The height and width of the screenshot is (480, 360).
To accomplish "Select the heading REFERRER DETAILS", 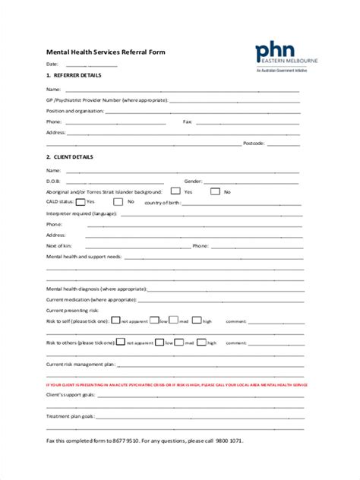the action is click(77, 75).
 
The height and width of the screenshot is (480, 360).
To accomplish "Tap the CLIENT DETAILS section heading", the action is click(72, 157).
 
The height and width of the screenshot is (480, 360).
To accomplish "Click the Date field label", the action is click(52, 64).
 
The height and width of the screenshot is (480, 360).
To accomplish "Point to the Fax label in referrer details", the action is click(188, 122).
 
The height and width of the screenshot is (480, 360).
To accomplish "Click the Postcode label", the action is click(254, 143).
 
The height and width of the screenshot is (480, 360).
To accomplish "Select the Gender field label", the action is click(193, 182).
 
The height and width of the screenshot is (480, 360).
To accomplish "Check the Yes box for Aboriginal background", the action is click(175, 192).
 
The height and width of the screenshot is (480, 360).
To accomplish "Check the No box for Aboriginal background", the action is click(215, 192).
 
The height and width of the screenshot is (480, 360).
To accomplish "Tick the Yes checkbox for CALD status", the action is click(79, 202).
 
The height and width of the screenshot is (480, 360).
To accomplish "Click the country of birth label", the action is click(161, 203).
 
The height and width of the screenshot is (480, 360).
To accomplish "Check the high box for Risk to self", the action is click(197, 321).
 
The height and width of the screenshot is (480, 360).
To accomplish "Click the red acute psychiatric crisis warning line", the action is click(177, 385).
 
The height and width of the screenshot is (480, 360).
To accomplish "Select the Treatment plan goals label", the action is click(70, 417).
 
